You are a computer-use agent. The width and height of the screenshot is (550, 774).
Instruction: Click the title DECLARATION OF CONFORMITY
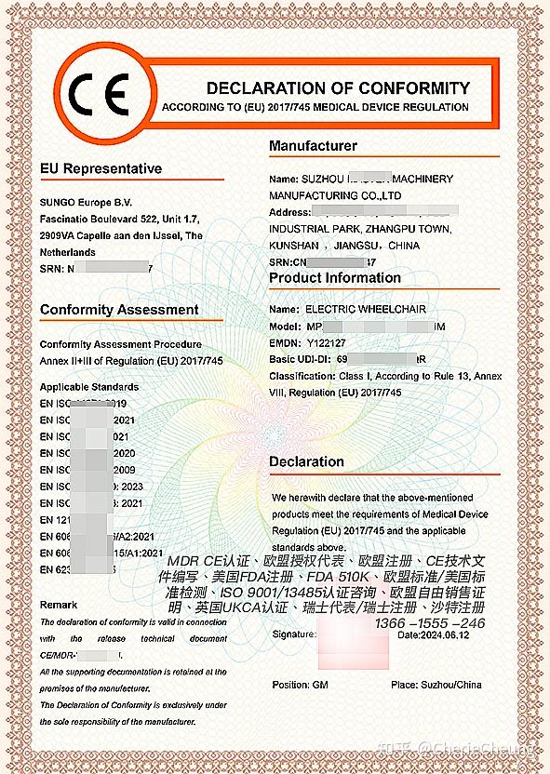point(338,88)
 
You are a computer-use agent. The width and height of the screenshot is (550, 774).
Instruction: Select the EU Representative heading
point(101,168)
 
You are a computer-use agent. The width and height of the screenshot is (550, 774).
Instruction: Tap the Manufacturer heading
point(313,146)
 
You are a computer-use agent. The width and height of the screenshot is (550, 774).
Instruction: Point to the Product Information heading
point(335,277)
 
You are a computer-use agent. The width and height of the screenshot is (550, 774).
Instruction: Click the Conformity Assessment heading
point(119,310)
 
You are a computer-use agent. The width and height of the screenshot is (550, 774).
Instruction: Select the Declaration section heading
point(306,461)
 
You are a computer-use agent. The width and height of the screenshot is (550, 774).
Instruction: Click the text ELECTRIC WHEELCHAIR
point(356,309)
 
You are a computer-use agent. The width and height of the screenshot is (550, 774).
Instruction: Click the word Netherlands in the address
point(68,252)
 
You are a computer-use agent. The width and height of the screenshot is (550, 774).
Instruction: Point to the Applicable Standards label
point(89,386)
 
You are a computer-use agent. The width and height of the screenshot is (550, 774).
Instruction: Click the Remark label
point(59,605)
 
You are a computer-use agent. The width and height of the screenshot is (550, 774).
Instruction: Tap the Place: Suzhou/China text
point(436,685)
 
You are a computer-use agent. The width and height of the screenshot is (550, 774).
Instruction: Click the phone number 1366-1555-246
point(431,621)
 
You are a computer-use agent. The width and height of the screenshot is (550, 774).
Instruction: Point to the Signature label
point(294,634)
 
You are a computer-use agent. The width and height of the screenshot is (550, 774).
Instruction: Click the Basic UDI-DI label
point(300,359)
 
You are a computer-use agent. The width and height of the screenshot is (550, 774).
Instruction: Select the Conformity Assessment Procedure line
point(120,344)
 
